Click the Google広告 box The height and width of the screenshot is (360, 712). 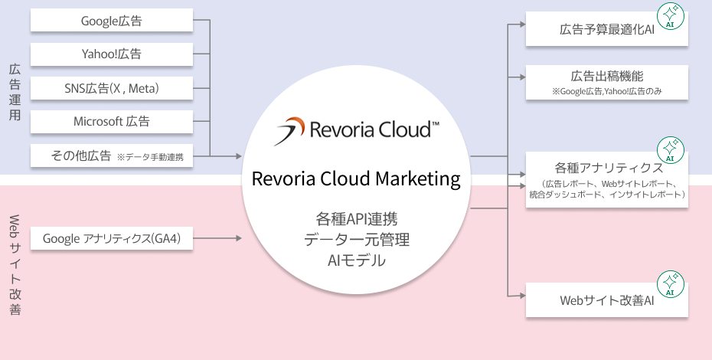(x=112, y=21)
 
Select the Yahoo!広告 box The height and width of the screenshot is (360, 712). (x=112, y=55)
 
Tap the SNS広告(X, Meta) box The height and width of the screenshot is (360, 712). (x=112, y=89)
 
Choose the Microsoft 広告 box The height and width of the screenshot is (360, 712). (x=112, y=122)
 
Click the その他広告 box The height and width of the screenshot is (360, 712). (x=112, y=156)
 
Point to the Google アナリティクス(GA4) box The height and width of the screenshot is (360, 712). (x=112, y=239)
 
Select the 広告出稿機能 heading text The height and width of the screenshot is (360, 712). (x=607, y=76)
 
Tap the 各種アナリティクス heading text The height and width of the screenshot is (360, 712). (x=607, y=168)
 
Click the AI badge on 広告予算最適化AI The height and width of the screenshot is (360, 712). (x=671, y=17)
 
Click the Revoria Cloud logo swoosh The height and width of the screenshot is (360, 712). (x=290, y=130)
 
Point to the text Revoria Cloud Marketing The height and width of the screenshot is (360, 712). (x=356, y=179)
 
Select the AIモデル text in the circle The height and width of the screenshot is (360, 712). (x=356, y=260)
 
